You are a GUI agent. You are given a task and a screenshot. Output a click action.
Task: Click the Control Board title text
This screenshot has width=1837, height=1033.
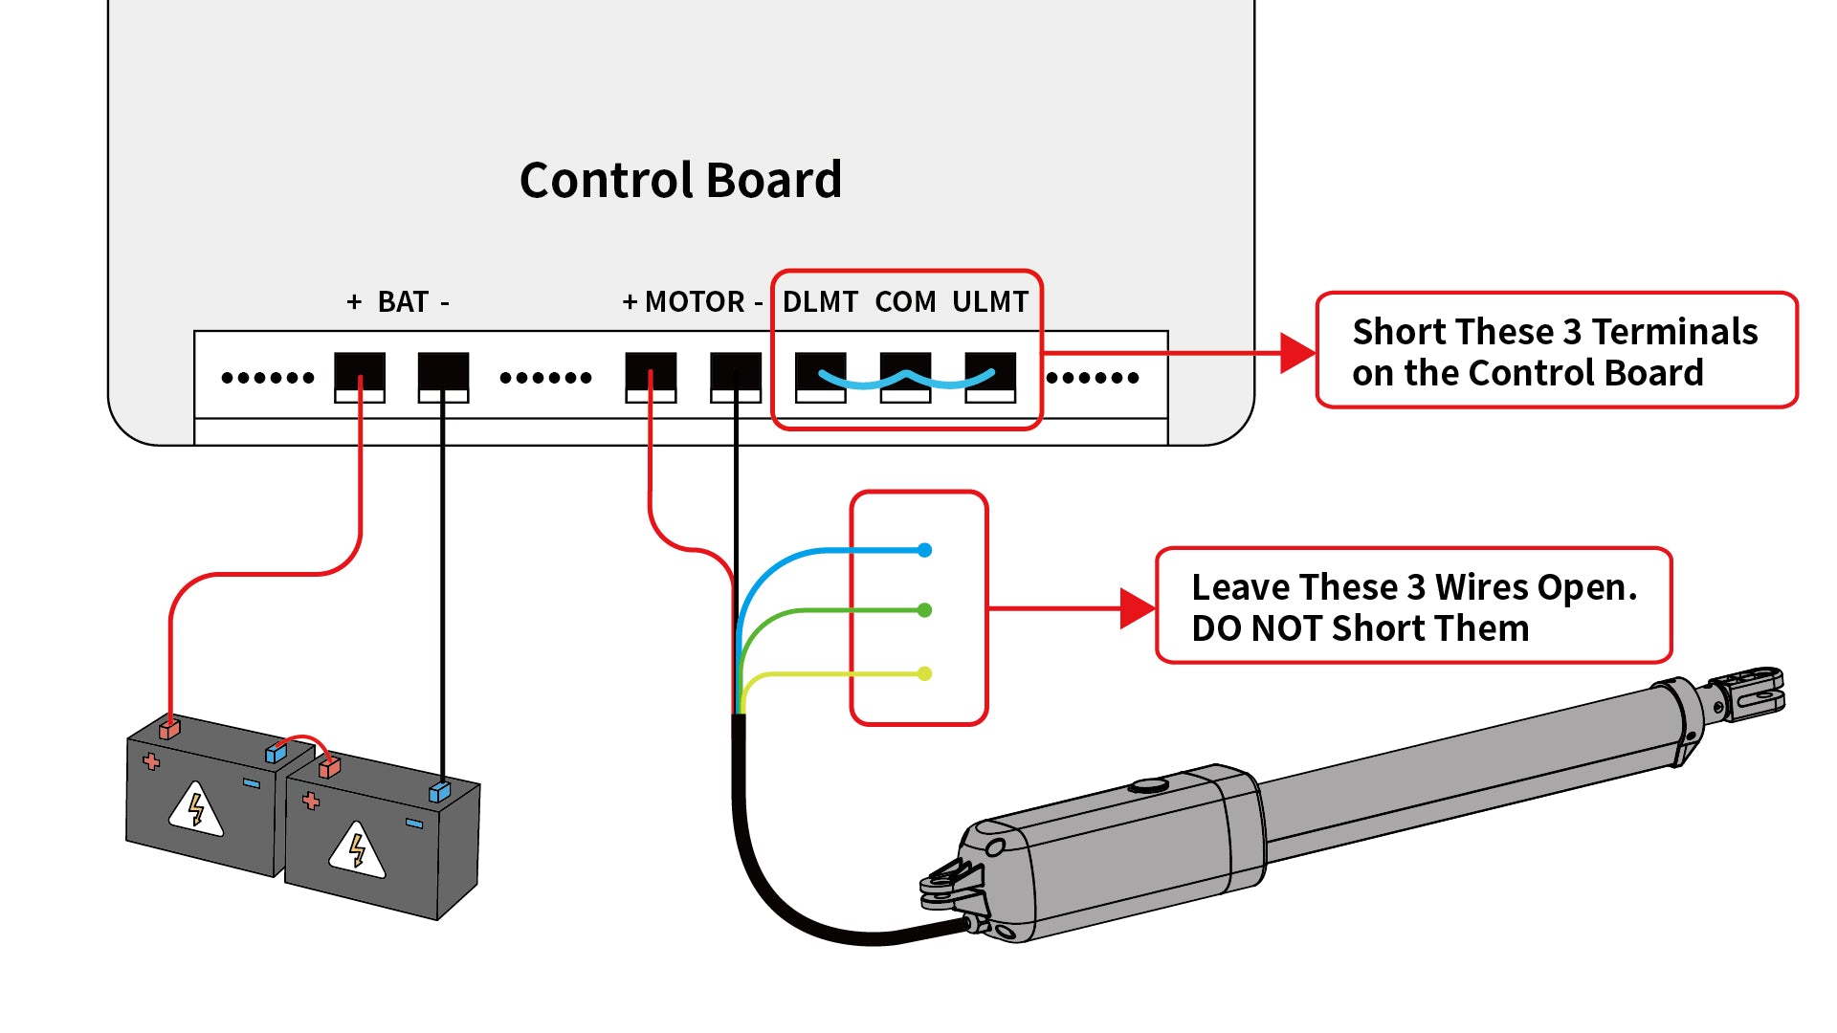point(680,180)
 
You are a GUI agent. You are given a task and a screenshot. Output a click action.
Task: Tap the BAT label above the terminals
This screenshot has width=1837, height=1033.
point(402,302)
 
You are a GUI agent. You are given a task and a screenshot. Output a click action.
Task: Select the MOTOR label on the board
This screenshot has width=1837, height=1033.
point(695,302)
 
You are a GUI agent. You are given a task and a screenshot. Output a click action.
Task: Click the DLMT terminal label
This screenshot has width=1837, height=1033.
point(820,302)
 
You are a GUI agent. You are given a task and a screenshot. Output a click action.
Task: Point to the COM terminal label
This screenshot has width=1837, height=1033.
point(905,302)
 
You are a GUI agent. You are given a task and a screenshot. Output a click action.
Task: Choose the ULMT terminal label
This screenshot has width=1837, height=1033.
point(989,302)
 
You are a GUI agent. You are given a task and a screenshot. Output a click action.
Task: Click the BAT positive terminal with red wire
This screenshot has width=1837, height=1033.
point(360,373)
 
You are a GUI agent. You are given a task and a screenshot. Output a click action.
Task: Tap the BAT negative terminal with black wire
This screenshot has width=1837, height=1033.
point(443,373)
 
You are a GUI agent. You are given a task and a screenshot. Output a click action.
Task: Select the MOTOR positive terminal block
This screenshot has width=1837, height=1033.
point(651,373)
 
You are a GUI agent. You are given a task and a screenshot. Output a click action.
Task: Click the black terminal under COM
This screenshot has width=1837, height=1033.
point(905,368)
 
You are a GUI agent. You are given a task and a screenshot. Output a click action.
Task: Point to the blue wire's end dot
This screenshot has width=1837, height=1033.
point(924,550)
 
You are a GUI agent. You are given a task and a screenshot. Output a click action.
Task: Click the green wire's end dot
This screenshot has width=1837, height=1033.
point(924,610)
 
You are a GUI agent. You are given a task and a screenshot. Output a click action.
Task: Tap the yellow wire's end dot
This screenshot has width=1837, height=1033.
point(924,673)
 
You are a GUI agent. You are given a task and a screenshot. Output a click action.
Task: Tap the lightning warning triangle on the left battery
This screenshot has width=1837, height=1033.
point(196,809)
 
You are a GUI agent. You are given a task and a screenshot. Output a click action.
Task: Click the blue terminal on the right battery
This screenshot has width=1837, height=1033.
point(439,791)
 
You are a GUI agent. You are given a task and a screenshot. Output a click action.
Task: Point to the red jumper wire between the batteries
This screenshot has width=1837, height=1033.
point(303,740)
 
